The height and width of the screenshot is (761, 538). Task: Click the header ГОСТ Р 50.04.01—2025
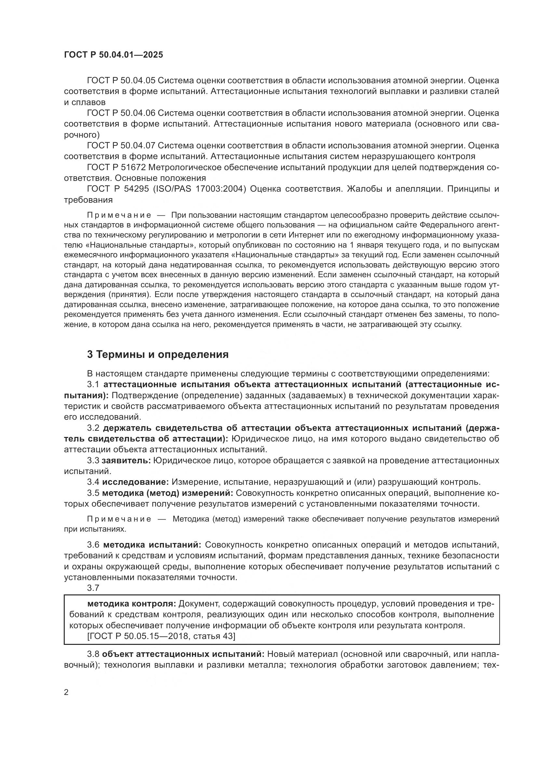click(113, 55)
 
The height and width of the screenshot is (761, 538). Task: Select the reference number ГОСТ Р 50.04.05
click(121, 81)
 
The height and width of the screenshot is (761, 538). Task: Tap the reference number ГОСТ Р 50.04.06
click(121, 113)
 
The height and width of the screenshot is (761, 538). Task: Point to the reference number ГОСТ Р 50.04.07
click(121, 145)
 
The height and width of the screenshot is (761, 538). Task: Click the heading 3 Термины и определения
click(158, 354)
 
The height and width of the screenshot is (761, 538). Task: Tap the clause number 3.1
click(93, 385)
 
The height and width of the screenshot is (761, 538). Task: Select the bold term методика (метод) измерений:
click(167, 493)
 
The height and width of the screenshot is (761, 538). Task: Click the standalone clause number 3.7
click(93, 588)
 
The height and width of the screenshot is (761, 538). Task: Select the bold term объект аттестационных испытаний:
click(183, 654)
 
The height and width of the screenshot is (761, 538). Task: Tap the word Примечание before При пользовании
click(119, 215)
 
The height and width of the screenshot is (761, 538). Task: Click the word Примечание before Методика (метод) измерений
click(119, 519)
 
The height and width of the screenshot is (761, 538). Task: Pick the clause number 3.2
click(93, 428)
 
